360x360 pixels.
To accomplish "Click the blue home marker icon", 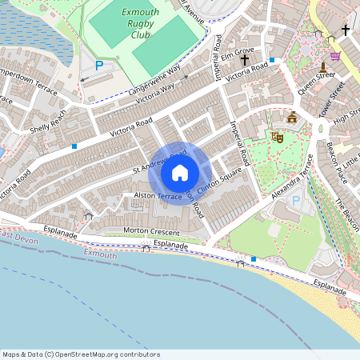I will coord(180,173).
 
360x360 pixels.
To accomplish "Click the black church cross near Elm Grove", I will coord(244,60).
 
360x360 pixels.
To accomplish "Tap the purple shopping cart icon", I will coord(334,56).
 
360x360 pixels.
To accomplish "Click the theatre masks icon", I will coord(278,136).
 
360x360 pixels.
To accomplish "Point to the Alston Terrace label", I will coord(158,196).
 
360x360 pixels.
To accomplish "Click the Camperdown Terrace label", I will coord(29,82).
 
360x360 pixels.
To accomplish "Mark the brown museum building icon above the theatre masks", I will coord(292,118).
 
